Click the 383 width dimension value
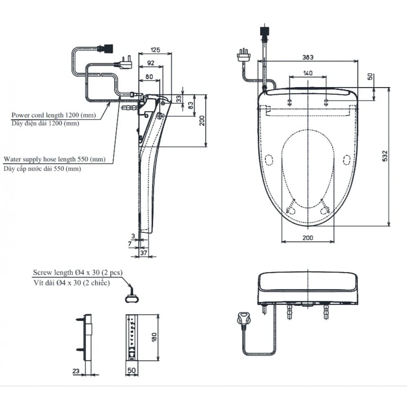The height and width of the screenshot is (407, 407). [308, 58]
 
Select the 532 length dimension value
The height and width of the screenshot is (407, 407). [385, 155]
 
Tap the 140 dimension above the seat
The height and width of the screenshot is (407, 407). [308, 73]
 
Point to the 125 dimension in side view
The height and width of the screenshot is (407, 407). [155, 50]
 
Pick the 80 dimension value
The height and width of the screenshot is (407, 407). [149, 76]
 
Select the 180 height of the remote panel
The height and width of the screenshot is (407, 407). [154, 337]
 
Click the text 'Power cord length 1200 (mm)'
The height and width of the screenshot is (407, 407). [54, 116]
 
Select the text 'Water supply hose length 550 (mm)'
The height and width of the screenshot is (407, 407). [54, 160]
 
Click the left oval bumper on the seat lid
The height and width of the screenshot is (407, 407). [268, 160]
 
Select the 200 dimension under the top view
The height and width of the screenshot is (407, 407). [308, 238]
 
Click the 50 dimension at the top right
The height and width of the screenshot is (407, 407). [370, 77]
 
